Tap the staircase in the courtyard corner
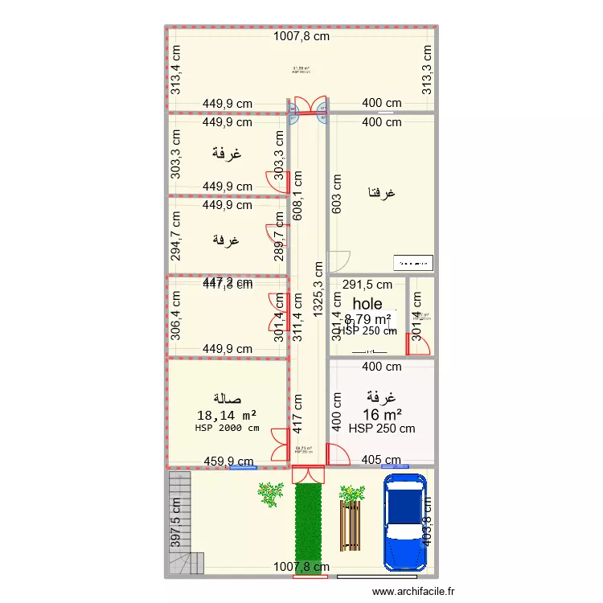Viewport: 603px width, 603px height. pyautogui.click(x=181, y=523)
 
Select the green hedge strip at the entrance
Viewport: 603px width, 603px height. pyautogui.click(x=309, y=527)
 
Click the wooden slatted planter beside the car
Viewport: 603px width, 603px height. pyautogui.click(x=351, y=527)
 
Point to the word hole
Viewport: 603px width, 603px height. pyautogui.click(x=367, y=304)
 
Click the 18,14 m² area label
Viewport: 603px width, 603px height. pyautogui.click(x=227, y=415)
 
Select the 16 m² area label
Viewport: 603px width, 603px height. pyautogui.click(x=382, y=414)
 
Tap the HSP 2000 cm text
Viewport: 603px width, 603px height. pyautogui.click(x=227, y=429)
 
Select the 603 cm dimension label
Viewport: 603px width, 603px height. pyautogui.click(x=337, y=194)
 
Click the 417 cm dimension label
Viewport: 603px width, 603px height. pyautogui.click(x=297, y=412)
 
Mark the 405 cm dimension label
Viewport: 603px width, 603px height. pyautogui.click(x=381, y=461)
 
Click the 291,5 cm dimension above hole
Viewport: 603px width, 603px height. pyautogui.click(x=367, y=284)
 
